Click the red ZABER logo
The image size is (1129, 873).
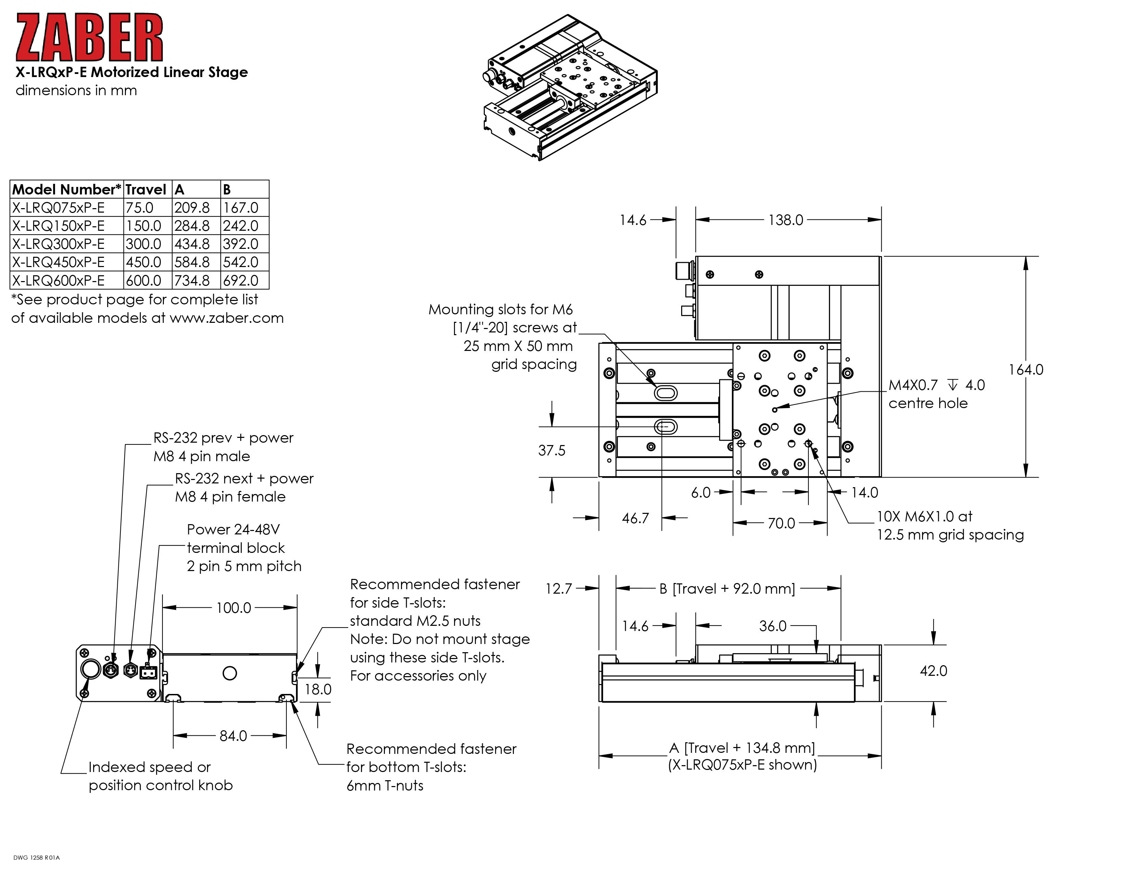click(x=89, y=37)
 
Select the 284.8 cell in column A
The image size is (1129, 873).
click(x=192, y=226)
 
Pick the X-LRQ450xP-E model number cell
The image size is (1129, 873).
click(x=59, y=262)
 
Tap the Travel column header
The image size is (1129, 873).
click(x=145, y=189)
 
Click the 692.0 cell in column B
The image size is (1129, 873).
click(x=241, y=280)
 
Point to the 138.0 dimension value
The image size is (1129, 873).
click(x=785, y=220)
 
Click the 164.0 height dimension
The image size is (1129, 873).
click(x=1026, y=370)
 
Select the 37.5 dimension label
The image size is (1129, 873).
click(x=551, y=451)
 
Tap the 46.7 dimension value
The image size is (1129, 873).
click(x=635, y=518)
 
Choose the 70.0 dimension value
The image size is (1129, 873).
click(x=781, y=523)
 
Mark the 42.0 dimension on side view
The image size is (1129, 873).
click(x=933, y=671)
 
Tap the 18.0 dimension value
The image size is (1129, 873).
click(x=317, y=689)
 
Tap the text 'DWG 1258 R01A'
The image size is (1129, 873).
click(x=36, y=858)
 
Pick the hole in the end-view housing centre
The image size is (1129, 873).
click(x=230, y=673)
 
